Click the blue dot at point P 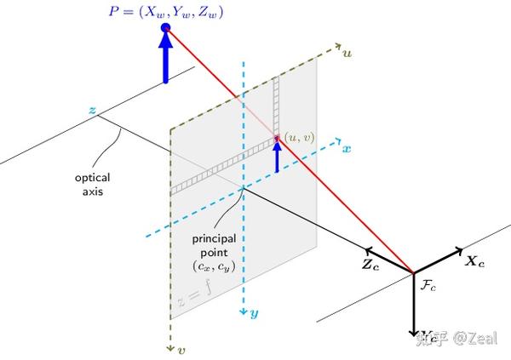(x=165, y=28)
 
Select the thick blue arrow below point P (x=165, y=60)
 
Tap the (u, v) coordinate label (x=300, y=135)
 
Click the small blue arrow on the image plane (x=277, y=156)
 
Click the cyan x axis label (x=347, y=148)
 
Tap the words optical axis (x=93, y=185)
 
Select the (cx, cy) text (x=219, y=267)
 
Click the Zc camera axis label (x=371, y=264)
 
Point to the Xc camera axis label (x=474, y=263)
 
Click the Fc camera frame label (x=428, y=288)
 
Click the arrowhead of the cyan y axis (x=244, y=311)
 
